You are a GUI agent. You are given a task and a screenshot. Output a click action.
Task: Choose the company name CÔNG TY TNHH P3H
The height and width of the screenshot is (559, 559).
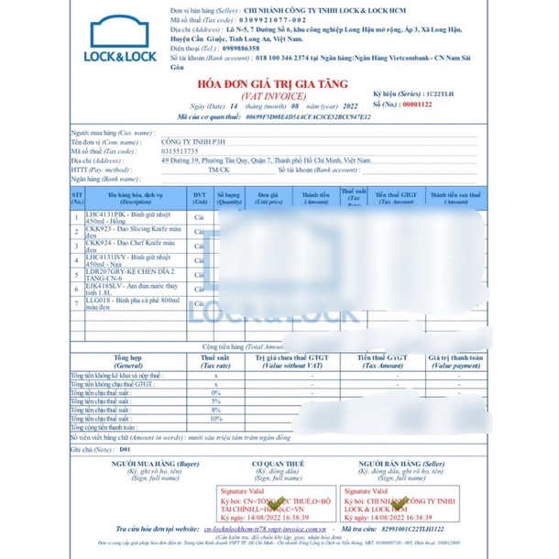(193, 142)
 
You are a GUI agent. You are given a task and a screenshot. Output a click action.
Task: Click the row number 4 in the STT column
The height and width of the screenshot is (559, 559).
(77, 259)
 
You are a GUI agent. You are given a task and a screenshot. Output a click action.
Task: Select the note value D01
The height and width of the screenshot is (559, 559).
(126, 450)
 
